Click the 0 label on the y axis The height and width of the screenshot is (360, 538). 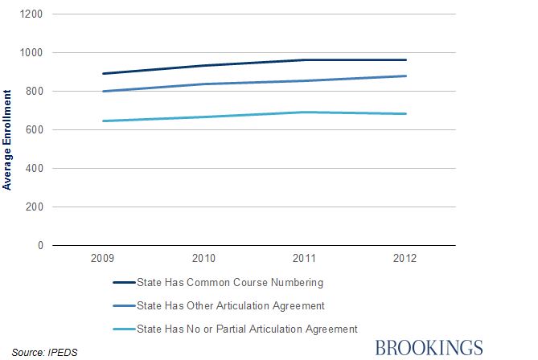pyautogui.click(x=41, y=246)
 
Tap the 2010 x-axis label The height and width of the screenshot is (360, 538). pyautogui.click(x=204, y=260)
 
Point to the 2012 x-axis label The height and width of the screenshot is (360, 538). pyautogui.click(x=405, y=260)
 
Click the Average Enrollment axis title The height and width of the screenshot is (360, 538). pyautogui.click(x=7, y=142)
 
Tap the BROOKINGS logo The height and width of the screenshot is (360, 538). pyautogui.click(x=429, y=347)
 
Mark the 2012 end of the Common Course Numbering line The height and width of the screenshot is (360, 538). pyautogui.click(x=406, y=59)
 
